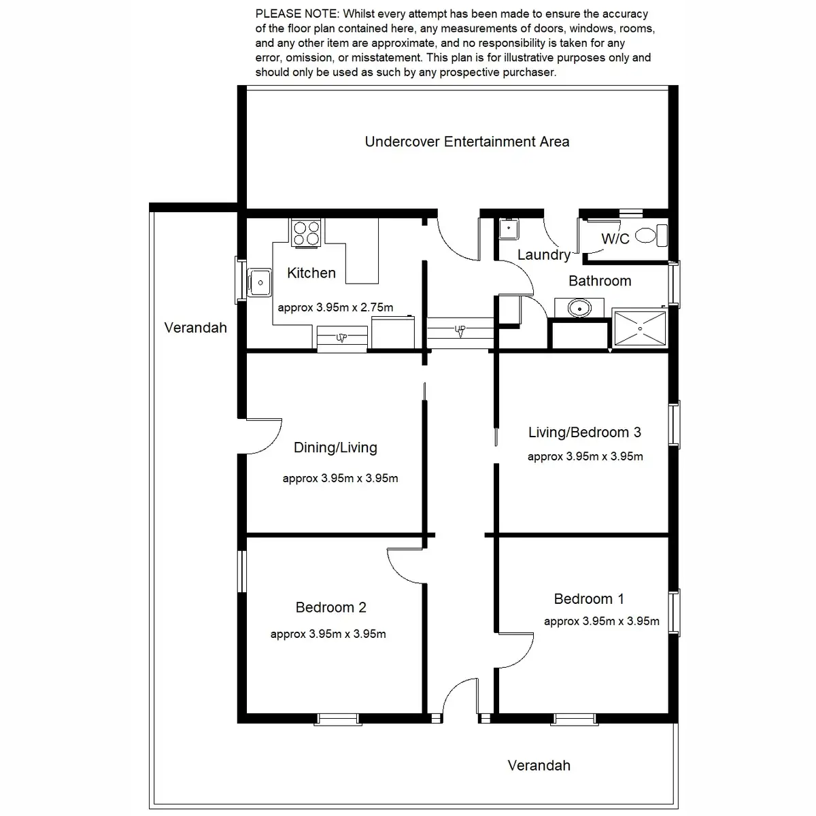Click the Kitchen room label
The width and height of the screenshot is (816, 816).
311,273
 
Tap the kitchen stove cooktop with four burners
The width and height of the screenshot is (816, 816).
306,233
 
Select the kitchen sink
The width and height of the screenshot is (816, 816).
259,282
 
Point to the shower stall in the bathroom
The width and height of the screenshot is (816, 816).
639,328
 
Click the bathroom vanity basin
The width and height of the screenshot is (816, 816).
579,308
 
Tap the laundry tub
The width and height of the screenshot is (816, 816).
509,229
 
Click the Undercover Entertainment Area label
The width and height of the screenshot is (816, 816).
466,141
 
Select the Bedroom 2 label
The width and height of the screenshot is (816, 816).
330,607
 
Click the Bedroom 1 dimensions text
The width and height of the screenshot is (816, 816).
601,622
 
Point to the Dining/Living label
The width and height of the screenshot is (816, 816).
335,447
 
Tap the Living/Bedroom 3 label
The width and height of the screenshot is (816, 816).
584,432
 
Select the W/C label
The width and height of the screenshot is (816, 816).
615,239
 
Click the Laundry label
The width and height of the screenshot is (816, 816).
544,254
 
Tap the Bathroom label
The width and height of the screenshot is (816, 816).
600,281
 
